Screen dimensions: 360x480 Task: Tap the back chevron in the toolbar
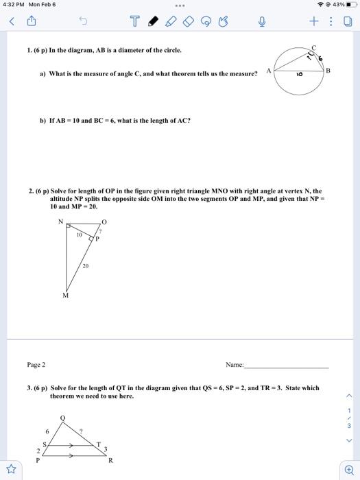[x=11, y=22]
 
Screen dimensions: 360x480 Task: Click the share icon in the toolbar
[x=31, y=22]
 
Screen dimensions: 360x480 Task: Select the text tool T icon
[x=134, y=22]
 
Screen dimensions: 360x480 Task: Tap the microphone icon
[x=261, y=22]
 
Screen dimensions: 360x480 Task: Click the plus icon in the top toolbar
[x=313, y=22]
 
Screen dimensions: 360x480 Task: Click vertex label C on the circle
[x=314, y=47]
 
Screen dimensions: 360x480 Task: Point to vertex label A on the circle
[x=270, y=70]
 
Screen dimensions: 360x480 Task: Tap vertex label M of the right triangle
[x=65, y=296]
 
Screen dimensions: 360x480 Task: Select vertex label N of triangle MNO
[x=60, y=221]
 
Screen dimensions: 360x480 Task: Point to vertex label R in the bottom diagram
[x=110, y=461]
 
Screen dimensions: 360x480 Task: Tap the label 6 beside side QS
[x=47, y=431]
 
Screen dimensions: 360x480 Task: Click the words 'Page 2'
[x=36, y=365]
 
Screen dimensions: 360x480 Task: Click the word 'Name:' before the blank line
[x=235, y=365]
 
